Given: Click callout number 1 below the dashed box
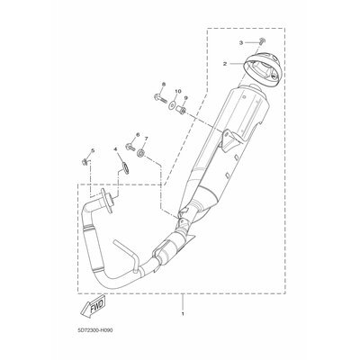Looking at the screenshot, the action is (x=183, y=314).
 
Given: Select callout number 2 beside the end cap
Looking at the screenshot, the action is (x=224, y=64).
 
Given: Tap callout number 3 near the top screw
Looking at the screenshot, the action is (x=241, y=43).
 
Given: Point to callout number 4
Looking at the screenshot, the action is (x=115, y=148).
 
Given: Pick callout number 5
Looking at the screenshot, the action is (x=93, y=150).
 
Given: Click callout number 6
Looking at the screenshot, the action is (x=138, y=135).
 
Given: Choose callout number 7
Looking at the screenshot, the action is (x=147, y=139).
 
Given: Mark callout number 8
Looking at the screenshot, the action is (x=164, y=84).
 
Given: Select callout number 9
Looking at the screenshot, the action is (x=185, y=98).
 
